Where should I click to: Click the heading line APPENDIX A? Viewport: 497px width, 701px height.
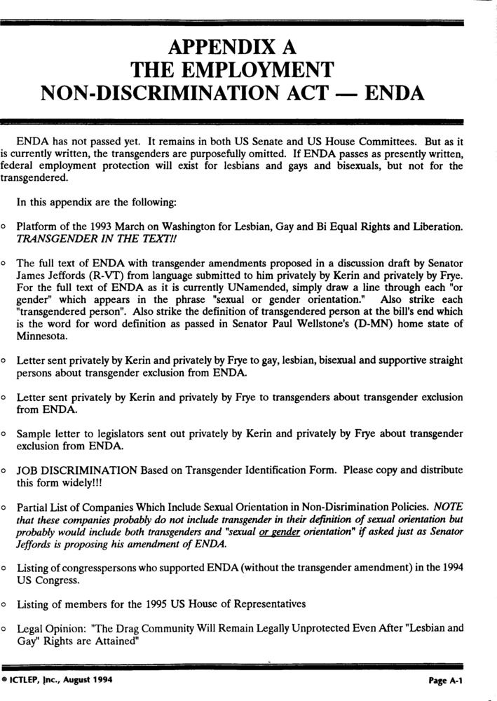[x=232, y=48]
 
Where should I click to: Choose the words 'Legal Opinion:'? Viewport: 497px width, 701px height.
[x=50, y=629]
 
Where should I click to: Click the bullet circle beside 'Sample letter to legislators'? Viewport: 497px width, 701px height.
[x=5, y=434]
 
